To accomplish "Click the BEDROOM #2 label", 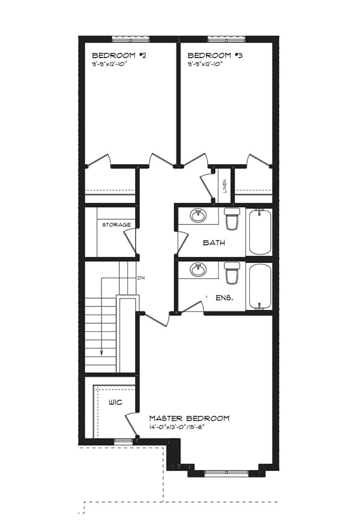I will (x=119, y=56).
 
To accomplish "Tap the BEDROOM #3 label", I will (x=215, y=56).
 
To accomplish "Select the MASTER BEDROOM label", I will (x=189, y=418).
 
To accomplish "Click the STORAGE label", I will (x=116, y=225).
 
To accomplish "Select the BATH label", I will (x=214, y=242).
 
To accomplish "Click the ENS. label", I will (x=224, y=298).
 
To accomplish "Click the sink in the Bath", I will (x=198, y=216).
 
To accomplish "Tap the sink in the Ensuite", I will (x=198, y=270).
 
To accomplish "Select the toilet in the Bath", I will (x=232, y=219).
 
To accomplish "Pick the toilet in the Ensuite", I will (x=232, y=273).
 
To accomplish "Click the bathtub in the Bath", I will (x=260, y=232).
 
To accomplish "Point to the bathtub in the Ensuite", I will (x=260, y=286).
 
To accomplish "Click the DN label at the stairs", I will (x=141, y=277).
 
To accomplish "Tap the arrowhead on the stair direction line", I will (x=102, y=352).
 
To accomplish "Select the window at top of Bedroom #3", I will (x=226, y=39).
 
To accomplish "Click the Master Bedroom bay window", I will (x=226, y=473).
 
